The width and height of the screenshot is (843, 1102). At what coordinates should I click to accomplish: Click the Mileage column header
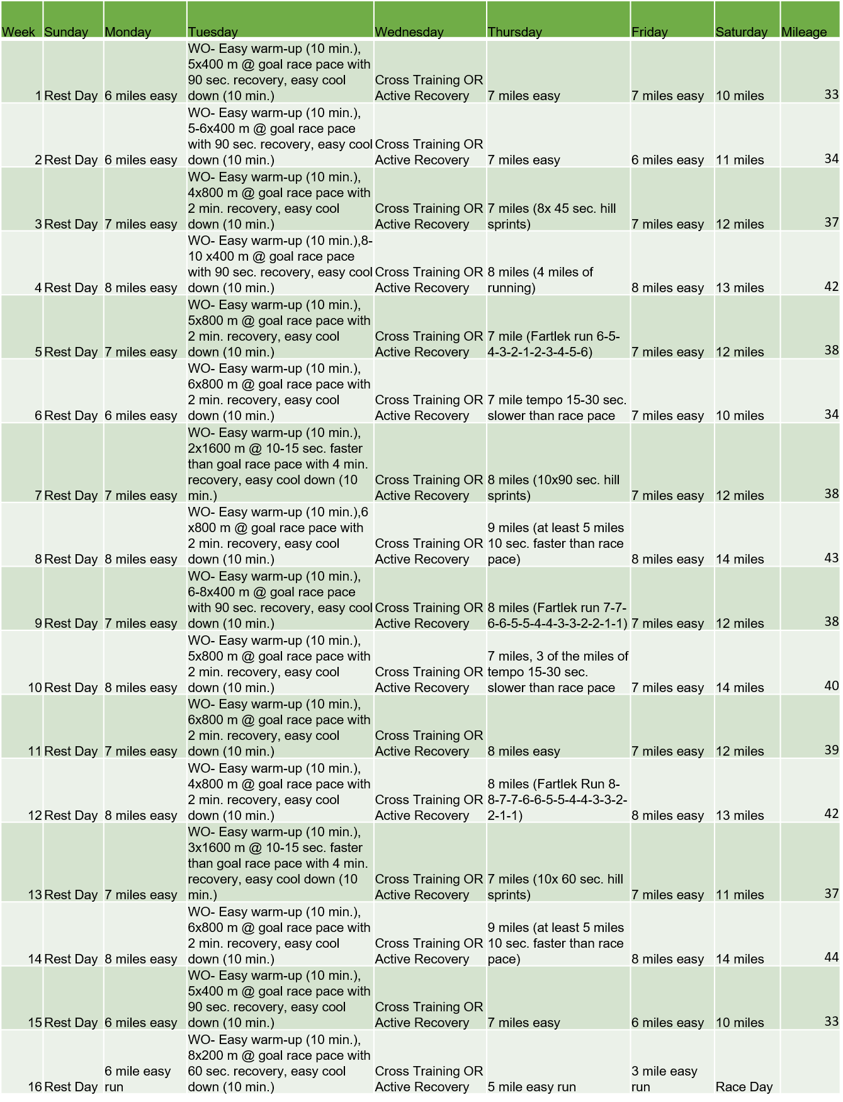tap(804, 32)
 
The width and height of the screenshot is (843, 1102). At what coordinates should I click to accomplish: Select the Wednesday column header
tap(409, 32)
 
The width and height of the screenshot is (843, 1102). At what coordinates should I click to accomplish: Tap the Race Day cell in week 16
tap(744, 1087)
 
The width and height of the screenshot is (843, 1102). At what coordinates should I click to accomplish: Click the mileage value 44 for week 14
tap(831, 957)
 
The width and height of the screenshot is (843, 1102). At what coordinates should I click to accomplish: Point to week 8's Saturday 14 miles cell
tap(740, 559)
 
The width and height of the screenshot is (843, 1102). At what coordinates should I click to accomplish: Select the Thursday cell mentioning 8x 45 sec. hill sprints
tap(552, 216)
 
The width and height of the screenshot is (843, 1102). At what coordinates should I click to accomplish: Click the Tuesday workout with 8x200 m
tap(279, 1063)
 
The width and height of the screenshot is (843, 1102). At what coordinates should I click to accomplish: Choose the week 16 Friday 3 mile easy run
tap(665, 1079)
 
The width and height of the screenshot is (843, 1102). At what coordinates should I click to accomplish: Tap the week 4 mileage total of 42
tap(831, 287)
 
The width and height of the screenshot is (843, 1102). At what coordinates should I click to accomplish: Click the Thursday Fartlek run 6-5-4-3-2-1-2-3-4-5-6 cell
tap(553, 344)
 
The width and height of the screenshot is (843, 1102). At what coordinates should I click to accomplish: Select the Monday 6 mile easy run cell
tap(138, 1079)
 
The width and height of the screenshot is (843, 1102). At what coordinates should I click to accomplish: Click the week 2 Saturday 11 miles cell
tap(740, 160)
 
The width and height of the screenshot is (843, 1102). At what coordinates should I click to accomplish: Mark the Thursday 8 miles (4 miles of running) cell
tap(540, 280)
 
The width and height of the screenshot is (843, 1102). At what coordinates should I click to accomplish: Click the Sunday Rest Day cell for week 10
tap(71, 688)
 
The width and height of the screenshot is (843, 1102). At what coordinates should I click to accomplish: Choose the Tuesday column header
tap(213, 32)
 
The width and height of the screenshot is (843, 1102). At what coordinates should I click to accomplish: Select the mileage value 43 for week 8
tap(831, 558)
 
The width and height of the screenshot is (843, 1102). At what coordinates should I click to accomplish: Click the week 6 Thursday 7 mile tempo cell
tap(557, 407)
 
